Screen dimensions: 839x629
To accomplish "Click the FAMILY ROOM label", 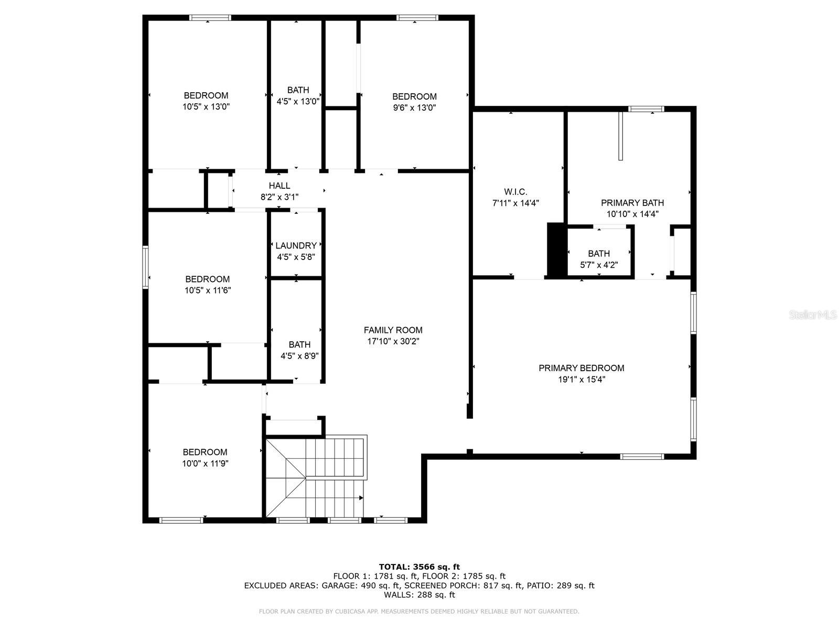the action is click(393, 330).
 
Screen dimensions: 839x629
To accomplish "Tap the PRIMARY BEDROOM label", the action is click(582, 368).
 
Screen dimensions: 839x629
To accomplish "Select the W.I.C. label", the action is click(515, 192).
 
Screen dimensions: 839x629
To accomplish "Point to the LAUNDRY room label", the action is click(296, 245).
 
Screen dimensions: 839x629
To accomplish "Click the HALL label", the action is click(279, 186).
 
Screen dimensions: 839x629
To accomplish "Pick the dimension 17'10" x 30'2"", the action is click(393, 341).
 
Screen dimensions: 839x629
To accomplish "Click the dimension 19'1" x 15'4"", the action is click(582, 379).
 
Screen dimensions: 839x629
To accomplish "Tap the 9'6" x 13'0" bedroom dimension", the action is click(414, 107).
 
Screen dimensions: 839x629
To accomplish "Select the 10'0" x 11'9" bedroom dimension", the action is click(205, 464).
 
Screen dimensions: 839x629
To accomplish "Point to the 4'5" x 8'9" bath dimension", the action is click(299, 356).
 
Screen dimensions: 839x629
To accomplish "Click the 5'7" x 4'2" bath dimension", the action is click(599, 265).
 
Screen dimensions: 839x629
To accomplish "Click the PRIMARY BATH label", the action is click(632, 203).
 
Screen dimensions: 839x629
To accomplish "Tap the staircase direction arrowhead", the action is click(361, 498).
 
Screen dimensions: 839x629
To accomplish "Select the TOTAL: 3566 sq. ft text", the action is click(419, 567).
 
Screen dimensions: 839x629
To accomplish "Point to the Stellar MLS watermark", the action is click(813, 314).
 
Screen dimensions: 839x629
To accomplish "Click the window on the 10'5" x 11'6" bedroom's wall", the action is click(145, 267).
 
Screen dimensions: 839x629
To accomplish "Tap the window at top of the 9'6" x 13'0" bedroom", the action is click(417, 18).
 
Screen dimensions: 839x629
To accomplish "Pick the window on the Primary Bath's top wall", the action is click(646, 109).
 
